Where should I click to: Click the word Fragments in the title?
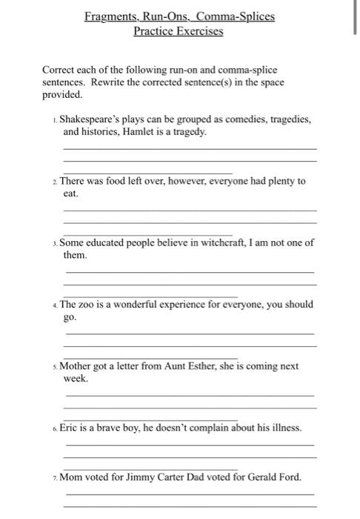point(110,16)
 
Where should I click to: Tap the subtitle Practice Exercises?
point(179,31)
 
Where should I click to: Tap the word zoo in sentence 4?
point(87,304)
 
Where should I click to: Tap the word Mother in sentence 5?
point(76,366)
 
